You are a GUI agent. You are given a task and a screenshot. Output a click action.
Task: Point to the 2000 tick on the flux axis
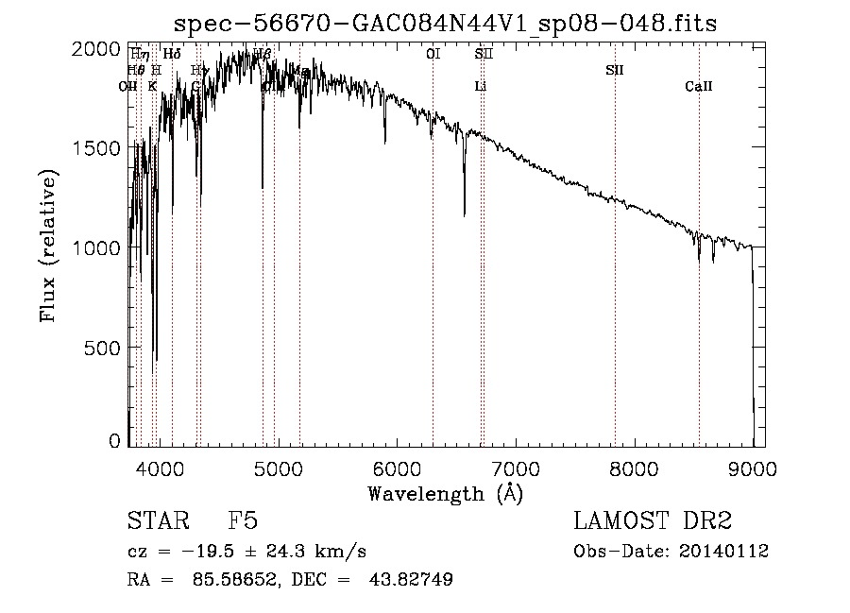[97, 49]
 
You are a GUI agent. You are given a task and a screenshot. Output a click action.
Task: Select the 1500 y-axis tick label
[97, 148]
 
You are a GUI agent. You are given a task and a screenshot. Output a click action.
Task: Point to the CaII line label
[699, 87]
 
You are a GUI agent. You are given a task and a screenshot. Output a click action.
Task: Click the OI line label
[433, 55]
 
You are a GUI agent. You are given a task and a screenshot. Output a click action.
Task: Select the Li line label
[480, 87]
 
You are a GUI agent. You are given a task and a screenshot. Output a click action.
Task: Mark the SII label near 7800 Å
[615, 70]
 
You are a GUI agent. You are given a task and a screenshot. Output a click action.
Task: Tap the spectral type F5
[243, 521]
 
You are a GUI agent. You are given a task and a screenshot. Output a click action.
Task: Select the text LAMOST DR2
[653, 521]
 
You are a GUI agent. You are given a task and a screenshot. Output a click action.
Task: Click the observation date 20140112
[722, 552]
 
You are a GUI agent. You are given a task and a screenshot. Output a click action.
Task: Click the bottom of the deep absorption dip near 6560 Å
[464, 216]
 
